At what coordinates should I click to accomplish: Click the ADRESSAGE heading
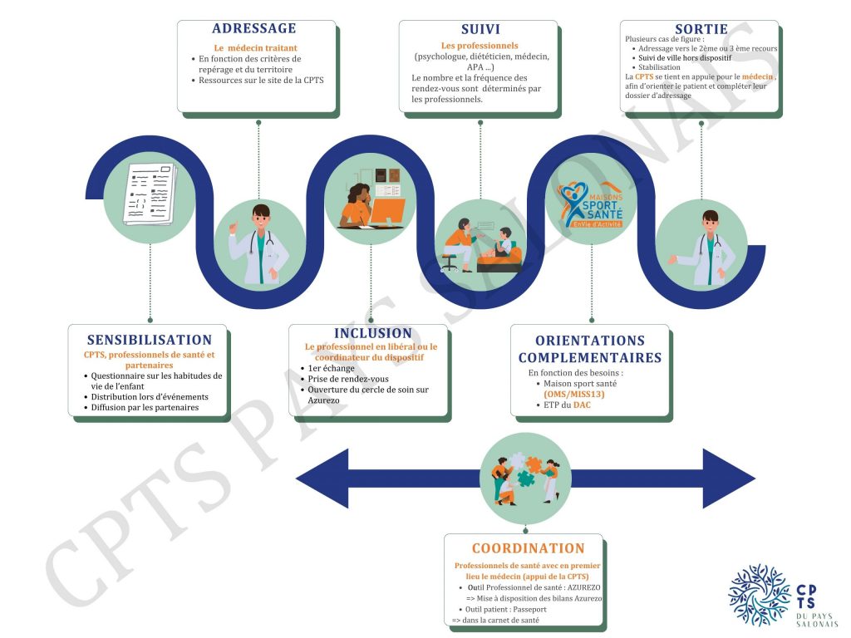click(254, 29)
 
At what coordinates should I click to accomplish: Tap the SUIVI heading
click(480, 29)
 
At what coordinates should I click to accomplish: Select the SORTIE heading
click(700, 29)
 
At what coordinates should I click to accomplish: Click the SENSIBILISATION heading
click(150, 340)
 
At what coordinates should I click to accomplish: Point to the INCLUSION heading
click(373, 333)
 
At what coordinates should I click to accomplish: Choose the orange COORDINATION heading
click(529, 548)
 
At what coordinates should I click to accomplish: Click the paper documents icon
click(150, 194)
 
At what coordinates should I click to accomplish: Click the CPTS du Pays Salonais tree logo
click(759, 595)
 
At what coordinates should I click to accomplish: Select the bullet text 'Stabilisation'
click(660, 67)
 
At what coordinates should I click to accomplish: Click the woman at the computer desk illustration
click(371, 204)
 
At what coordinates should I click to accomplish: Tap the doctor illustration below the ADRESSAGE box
click(260, 241)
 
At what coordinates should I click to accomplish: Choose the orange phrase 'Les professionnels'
click(480, 45)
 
